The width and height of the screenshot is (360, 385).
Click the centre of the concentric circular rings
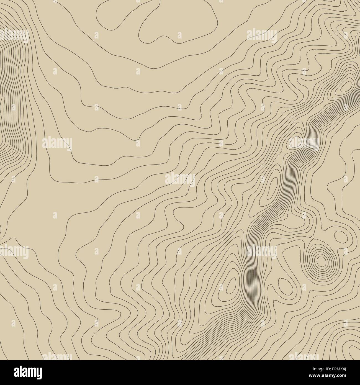pos(321,261)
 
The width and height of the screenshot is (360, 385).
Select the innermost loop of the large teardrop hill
pos(231,286)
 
